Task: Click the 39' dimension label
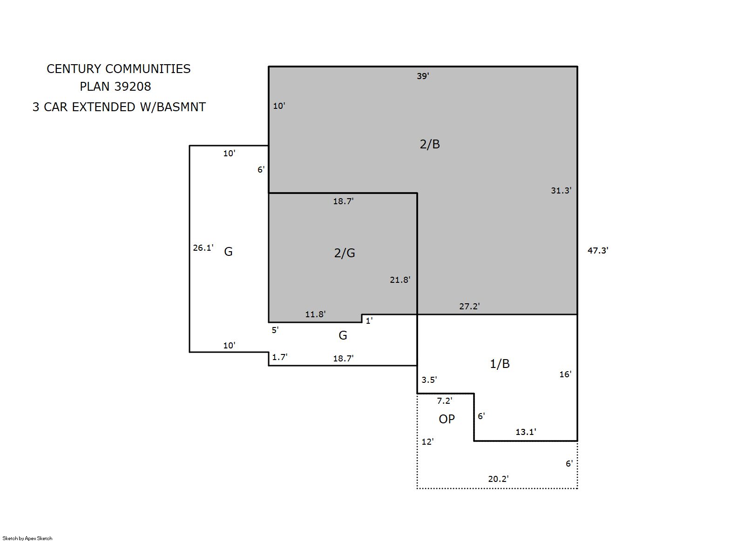coord(423,76)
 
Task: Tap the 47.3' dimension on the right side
coord(598,250)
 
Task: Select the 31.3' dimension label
coord(561,190)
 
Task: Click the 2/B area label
coord(430,144)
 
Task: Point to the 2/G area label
coord(345,253)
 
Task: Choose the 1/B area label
coord(500,364)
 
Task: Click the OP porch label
coord(447,419)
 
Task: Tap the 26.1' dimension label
coord(203,248)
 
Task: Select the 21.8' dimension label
coord(400,280)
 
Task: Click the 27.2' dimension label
coord(469,307)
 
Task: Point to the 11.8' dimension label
coord(315,314)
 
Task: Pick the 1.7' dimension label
coord(280,357)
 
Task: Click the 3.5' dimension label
coord(429,380)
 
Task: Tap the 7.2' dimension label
coord(445,401)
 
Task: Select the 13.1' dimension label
coord(526,432)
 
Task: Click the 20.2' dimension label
coord(498,479)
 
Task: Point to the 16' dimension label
coord(565,374)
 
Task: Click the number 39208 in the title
coord(133,87)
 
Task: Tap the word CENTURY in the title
coord(74,69)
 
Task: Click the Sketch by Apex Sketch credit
coord(27,538)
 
